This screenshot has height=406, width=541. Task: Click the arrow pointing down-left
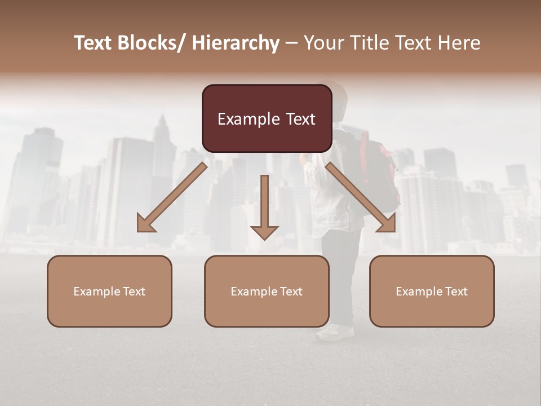point(171,197)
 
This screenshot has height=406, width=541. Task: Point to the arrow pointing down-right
point(361,197)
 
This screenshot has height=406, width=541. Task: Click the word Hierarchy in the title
point(236,43)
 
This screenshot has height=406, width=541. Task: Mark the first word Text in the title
point(94,43)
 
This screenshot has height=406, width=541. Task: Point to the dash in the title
point(291,43)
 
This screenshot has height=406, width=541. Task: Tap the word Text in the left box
point(134,292)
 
